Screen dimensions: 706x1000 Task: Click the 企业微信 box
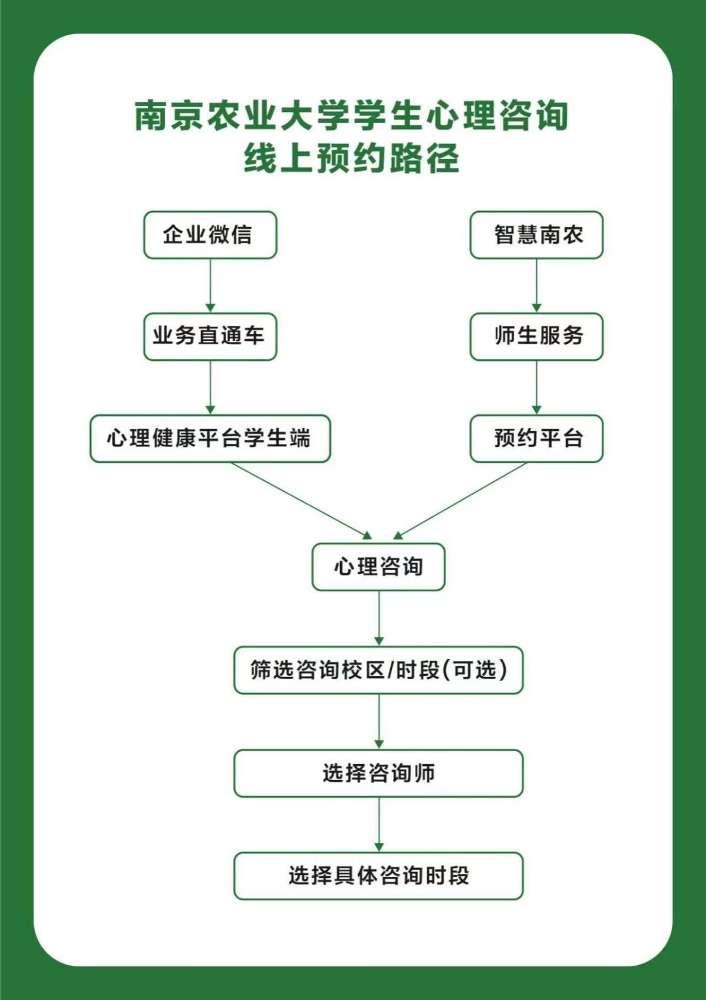pos(210,235)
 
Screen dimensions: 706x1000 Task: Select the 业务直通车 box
pos(210,337)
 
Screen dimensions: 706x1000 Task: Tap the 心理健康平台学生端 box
pos(210,439)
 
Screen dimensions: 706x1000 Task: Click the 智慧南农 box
pos(536,235)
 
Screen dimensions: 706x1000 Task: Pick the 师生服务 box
pos(536,337)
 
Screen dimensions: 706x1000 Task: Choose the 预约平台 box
pos(536,439)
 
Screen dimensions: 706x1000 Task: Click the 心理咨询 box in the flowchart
pos(378,567)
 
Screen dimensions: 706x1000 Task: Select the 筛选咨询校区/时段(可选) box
pos(378,670)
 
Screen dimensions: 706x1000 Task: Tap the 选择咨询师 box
pos(378,773)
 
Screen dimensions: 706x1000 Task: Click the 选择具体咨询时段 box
pos(378,876)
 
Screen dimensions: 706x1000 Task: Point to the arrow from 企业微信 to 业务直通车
pos(210,286)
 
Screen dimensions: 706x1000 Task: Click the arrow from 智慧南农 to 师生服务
pos(536,286)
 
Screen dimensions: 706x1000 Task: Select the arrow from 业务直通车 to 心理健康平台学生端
pos(210,387)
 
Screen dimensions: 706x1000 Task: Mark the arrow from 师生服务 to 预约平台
pos(536,387)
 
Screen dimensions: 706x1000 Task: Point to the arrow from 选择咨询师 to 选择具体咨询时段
pos(379,824)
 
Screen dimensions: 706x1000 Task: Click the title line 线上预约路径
pos(352,159)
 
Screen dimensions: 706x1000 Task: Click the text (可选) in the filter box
pos(475,670)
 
